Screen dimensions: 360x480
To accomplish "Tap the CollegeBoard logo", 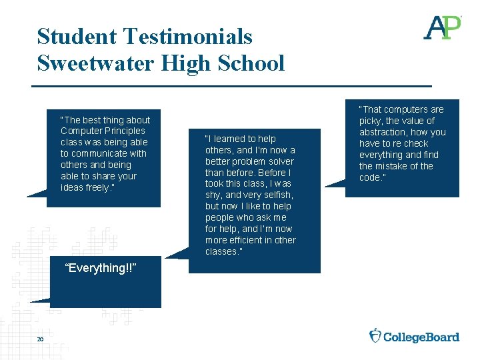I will (415, 336).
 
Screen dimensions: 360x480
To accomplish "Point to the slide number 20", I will (40, 340).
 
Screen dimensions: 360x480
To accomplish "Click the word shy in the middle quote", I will (213, 195).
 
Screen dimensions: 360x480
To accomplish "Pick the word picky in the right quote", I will (371, 121).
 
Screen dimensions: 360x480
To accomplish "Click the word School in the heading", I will (254, 63).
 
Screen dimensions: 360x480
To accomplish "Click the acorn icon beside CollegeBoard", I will (375, 335).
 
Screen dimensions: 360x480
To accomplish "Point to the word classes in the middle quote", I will (221, 251).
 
